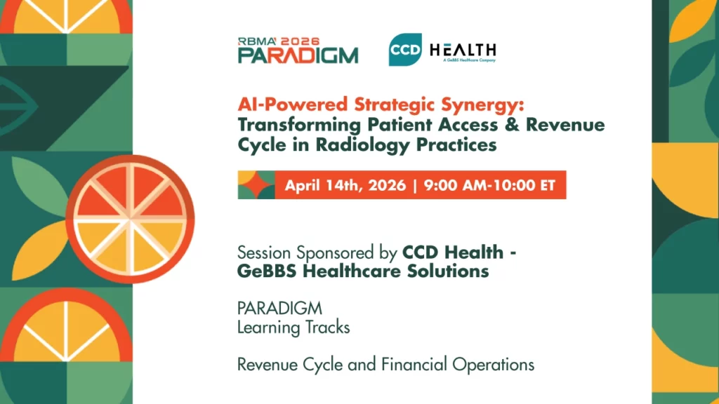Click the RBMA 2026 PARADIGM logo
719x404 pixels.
pyautogui.click(x=298, y=50)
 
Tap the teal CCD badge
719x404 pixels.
pyautogui.click(x=405, y=50)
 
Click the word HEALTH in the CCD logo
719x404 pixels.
pyautogui.click(x=463, y=50)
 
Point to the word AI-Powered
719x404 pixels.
pyautogui.click(x=293, y=105)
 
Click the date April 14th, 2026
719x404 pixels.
pyautogui.click(x=345, y=185)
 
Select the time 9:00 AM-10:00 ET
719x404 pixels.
pyautogui.click(x=489, y=185)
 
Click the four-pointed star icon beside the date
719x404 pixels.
pyautogui.click(x=256, y=185)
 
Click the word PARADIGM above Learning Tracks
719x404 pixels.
pyautogui.click(x=279, y=309)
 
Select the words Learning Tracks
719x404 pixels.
pyautogui.click(x=293, y=328)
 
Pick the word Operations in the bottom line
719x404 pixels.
pyautogui.click(x=494, y=365)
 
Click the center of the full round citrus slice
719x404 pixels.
pyautogui.click(x=130, y=220)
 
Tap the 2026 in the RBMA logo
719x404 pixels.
pyautogui.click(x=301, y=41)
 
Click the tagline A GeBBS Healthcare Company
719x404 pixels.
pyautogui.click(x=470, y=60)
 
